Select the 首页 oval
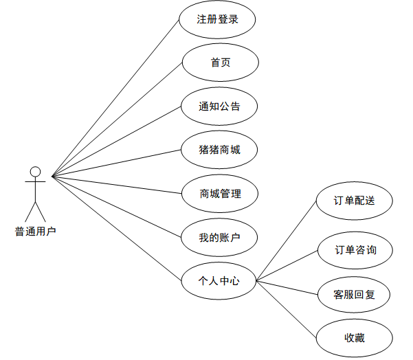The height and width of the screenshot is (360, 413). click(x=220, y=63)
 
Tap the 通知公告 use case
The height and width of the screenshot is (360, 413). click(x=220, y=106)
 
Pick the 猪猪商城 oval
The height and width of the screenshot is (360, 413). click(x=220, y=150)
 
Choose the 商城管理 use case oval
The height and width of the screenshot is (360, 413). click(x=220, y=194)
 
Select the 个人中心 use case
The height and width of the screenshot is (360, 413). click(x=219, y=280)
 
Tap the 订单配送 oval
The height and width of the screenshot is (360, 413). click(x=355, y=201)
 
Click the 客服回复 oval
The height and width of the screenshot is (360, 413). click(x=355, y=295)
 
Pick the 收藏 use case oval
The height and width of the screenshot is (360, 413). click(x=355, y=337)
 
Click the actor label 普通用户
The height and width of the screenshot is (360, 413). click(x=35, y=231)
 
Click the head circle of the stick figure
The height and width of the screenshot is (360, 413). click(x=35, y=171)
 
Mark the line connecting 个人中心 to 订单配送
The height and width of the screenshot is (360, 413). click(x=285, y=241)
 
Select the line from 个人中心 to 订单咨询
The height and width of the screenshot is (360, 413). click(x=287, y=266)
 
